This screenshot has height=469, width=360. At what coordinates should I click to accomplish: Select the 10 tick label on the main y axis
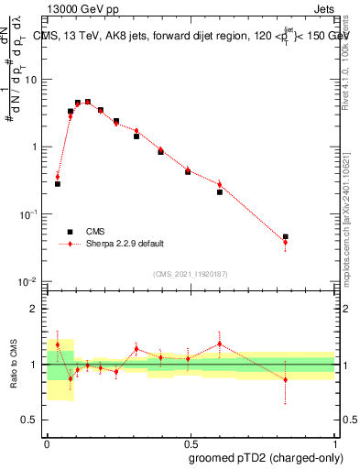[x=30, y=79]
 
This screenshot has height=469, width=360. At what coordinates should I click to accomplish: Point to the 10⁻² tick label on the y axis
[x=28, y=281]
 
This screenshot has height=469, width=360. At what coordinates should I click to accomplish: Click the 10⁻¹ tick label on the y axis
[x=28, y=213]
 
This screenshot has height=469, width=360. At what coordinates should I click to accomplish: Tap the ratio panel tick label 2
[x=34, y=310]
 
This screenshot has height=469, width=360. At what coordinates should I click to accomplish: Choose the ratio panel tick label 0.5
[x=30, y=420]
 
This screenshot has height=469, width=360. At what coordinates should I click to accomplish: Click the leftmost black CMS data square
[x=58, y=184]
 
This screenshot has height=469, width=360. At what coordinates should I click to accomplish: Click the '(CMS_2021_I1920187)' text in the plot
[x=191, y=273]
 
